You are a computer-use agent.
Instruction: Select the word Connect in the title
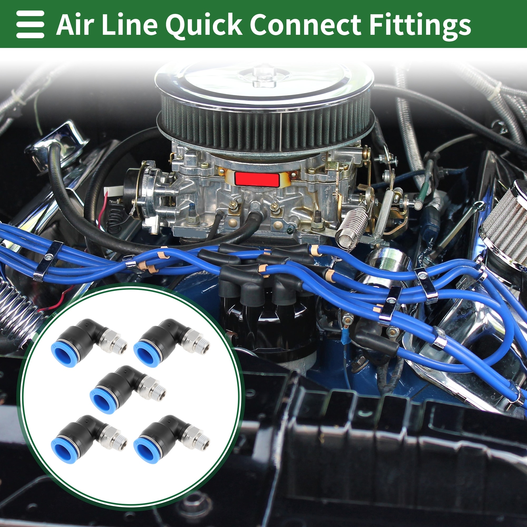point(305,25)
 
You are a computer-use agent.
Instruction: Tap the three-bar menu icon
point(30,24)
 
